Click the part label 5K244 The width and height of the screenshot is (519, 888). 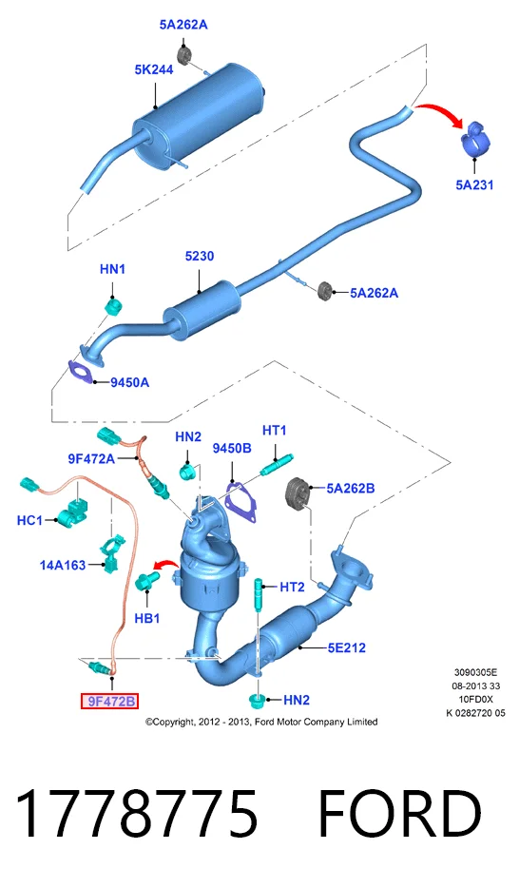click(154, 69)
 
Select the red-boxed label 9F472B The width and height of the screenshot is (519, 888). click(110, 701)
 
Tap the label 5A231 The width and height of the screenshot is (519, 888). click(474, 184)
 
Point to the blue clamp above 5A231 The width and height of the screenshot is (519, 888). click(474, 137)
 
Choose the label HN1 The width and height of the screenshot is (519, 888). click(112, 269)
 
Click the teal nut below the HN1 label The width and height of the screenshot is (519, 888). click(115, 307)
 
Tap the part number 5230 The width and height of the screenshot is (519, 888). click(200, 256)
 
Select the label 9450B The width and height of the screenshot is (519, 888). click(232, 448)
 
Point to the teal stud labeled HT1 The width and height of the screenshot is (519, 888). click(278, 464)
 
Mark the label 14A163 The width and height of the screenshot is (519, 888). click(62, 565)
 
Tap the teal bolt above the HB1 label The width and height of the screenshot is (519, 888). click(149, 582)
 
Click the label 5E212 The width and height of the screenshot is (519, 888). click(346, 647)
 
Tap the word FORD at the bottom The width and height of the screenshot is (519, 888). click(399, 814)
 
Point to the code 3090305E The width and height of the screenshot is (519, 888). click(475, 673)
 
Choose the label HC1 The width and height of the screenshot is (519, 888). click(29, 519)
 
